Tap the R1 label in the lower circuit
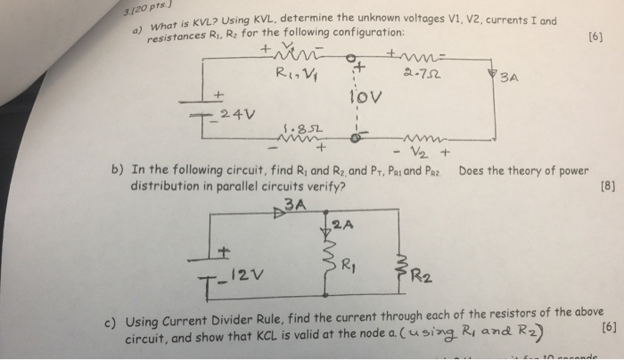point(351,266)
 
